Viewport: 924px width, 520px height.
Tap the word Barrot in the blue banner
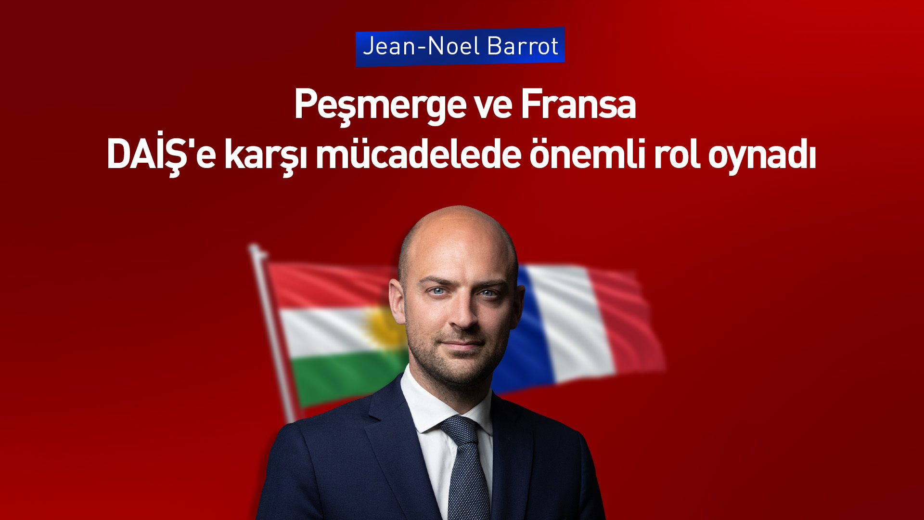[x=522, y=47]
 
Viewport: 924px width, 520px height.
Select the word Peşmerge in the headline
[x=380, y=105]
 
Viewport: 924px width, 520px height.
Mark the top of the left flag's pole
[x=255, y=249]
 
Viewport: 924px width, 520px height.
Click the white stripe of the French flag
[x=570, y=323]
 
